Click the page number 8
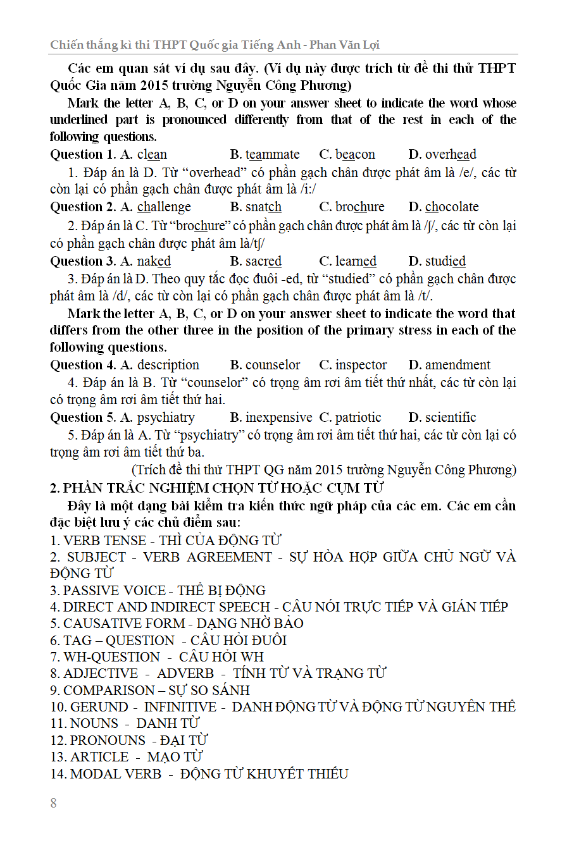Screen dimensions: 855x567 (x=53, y=803)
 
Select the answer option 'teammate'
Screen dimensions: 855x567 (x=272, y=154)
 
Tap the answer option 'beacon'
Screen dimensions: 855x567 (x=355, y=154)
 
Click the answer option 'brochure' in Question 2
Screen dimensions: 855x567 (x=359, y=207)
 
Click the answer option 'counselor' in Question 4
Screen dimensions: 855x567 (x=273, y=365)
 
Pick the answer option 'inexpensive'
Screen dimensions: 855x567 (x=278, y=417)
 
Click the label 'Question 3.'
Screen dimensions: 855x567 (x=84, y=261)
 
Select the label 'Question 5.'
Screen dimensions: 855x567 (x=84, y=417)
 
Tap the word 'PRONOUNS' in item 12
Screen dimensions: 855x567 (x=108, y=740)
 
